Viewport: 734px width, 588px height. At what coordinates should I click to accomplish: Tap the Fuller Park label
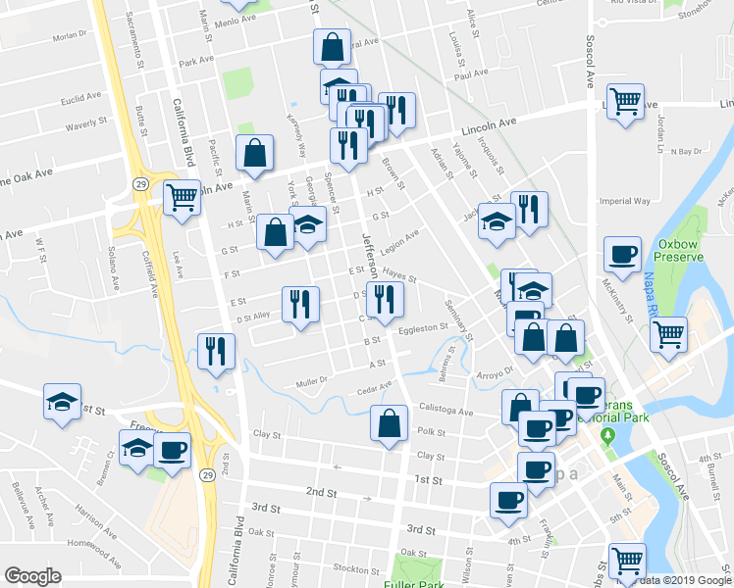click(429, 579)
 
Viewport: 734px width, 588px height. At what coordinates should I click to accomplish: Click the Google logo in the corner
click(32, 575)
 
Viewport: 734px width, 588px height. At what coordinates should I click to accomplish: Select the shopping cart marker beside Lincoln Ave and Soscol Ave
click(625, 101)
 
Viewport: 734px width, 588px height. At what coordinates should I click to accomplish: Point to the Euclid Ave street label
click(81, 100)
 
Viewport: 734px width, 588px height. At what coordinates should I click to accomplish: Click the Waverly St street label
click(85, 124)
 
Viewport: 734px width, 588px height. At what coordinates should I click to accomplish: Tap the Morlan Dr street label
click(70, 36)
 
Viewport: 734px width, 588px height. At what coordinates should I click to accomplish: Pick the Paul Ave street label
click(471, 73)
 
